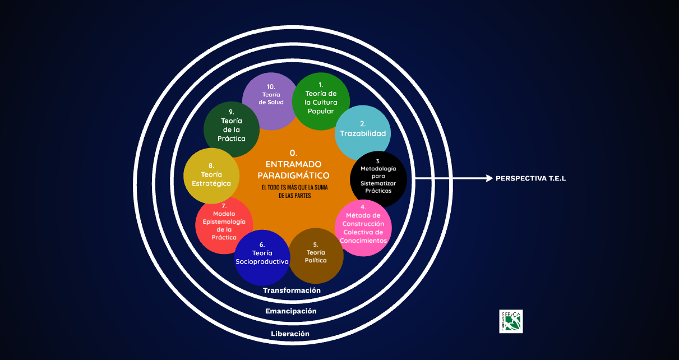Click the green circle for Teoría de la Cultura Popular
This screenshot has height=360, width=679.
[x=321, y=101]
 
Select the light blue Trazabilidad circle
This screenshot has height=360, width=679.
[x=363, y=133]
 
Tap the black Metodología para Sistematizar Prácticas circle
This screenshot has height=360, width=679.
[x=378, y=179]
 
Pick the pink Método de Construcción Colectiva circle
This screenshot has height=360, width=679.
[x=363, y=228]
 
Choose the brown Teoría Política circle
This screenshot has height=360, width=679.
[x=316, y=256]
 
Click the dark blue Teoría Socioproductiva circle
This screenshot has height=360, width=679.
[x=262, y=258]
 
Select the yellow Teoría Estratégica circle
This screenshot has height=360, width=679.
[x=211, y=176]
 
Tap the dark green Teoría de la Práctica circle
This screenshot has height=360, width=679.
[x=231, y=129]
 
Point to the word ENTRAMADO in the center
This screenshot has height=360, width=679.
[x=293, y=164]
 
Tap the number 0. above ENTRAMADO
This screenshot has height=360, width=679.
[x=293, y=153]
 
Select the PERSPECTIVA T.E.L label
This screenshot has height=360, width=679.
[x=530, y=178]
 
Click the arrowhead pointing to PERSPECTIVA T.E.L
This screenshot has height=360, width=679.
[x=489, y=178]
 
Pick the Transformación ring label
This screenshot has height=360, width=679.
[x=292, y=290]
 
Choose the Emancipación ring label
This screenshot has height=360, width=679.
[x=290, y=311]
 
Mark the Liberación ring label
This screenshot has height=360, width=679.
[x=290, y=334]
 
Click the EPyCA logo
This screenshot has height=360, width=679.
[x=511, y=321]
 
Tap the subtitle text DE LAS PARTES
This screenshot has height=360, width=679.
[x=294, y=196]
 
